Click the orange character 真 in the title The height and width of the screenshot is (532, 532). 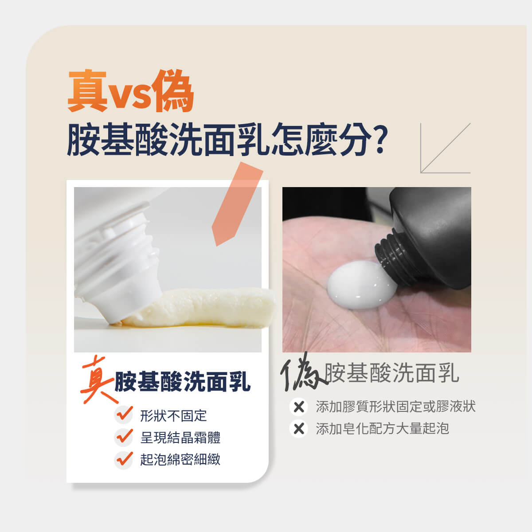coord(87,91)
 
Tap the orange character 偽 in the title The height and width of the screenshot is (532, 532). coord(172,91)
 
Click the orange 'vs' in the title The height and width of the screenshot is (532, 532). coord(129,95)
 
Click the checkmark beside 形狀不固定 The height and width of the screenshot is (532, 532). coord(124,415)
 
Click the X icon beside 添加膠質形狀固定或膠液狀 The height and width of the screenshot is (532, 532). coord(299,407)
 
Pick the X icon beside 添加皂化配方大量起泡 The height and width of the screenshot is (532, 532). coord(299,429)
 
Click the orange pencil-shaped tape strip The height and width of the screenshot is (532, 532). coord(237,204)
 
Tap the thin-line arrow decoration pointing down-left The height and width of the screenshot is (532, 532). coord(445,148)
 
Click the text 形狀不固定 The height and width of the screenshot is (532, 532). coord(173,416)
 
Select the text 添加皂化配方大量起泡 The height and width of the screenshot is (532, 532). coord(382,429)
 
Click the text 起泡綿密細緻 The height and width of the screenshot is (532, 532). coord(180,460)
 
